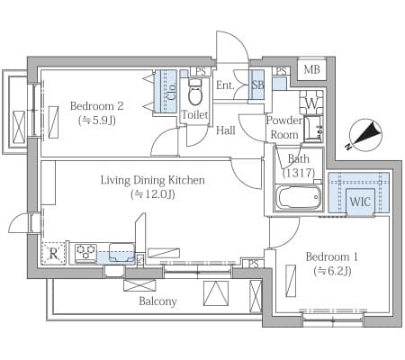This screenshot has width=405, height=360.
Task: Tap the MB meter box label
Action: coord(311,69)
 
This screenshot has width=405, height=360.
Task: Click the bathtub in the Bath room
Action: coord(298,197)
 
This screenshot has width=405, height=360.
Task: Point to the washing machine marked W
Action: coord(311,103)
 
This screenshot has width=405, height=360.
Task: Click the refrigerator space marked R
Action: coord(53,253)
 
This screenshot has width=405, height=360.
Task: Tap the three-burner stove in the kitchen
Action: coord(85,251)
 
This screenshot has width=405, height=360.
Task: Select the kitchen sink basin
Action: coord(121,252)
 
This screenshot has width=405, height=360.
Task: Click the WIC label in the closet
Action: coord(360,202)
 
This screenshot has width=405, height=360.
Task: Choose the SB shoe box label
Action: coord(257,85)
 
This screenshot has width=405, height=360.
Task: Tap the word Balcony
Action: coord(157,301)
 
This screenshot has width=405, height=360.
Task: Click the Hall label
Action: coord(226,130)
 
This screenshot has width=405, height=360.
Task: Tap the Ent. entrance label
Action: coord(225,85)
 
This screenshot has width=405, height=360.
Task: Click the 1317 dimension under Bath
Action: coord(299,173)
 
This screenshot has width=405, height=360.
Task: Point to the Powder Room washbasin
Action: coord(313,130)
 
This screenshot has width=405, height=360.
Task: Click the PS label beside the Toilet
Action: coord(201,71)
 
